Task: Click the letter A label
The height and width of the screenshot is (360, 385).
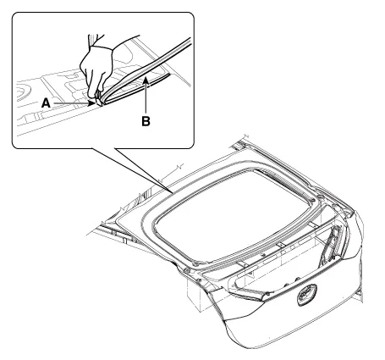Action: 46,103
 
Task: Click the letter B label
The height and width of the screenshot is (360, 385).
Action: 146,121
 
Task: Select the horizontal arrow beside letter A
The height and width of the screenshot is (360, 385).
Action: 74,103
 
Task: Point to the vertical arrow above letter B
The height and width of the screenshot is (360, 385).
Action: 146,97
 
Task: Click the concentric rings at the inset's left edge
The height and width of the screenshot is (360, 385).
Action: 23,91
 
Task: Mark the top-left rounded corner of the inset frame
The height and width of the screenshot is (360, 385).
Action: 14,14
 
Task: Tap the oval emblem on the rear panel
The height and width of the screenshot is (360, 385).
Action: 307,295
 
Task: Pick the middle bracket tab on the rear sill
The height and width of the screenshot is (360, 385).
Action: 281,245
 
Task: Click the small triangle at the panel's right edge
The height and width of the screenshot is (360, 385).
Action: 358,294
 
